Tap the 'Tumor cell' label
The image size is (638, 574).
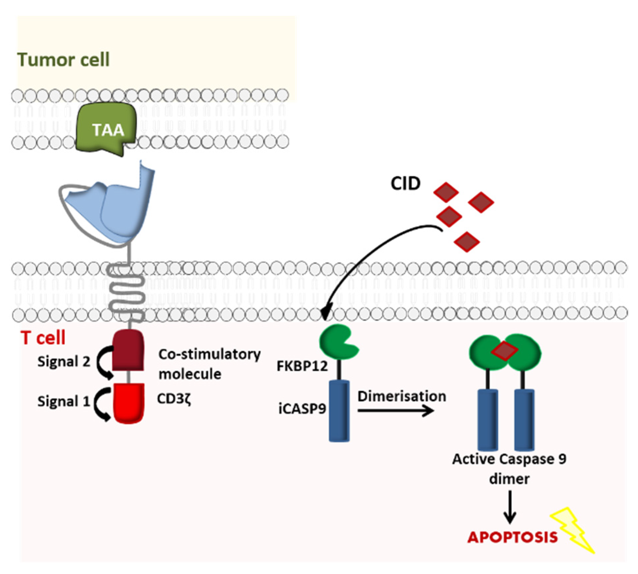tap(64, 60)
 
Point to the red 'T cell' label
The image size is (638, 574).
tap(43, 338)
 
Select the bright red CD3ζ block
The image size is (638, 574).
tap(129, 403)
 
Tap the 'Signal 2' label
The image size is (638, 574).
tap(64, 361)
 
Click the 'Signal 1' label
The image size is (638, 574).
tap(64, 401)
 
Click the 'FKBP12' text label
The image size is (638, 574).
tap(302, 366)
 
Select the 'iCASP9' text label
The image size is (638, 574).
tap(302, 409)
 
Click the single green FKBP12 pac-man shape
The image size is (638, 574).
tap(338, 341)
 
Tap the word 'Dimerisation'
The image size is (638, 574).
tap(402, 396)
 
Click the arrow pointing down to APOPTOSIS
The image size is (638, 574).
tap(510, 507)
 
